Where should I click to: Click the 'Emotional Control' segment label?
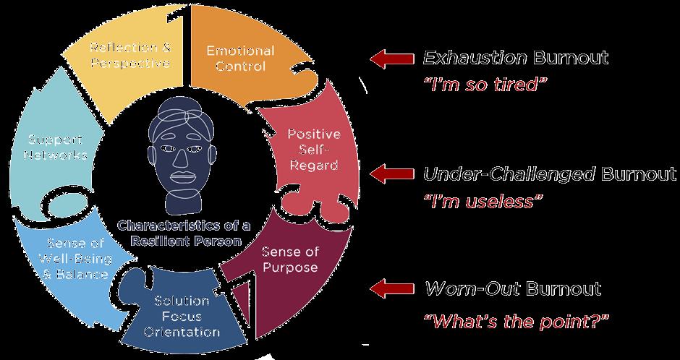click(239, 59)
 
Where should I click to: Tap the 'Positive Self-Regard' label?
click(313, 150)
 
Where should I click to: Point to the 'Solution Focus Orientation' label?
click(182, 317)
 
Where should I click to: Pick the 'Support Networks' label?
click(55, 146)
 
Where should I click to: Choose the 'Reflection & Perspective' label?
click(130, 56)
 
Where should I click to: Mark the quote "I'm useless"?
click(483, 201)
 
